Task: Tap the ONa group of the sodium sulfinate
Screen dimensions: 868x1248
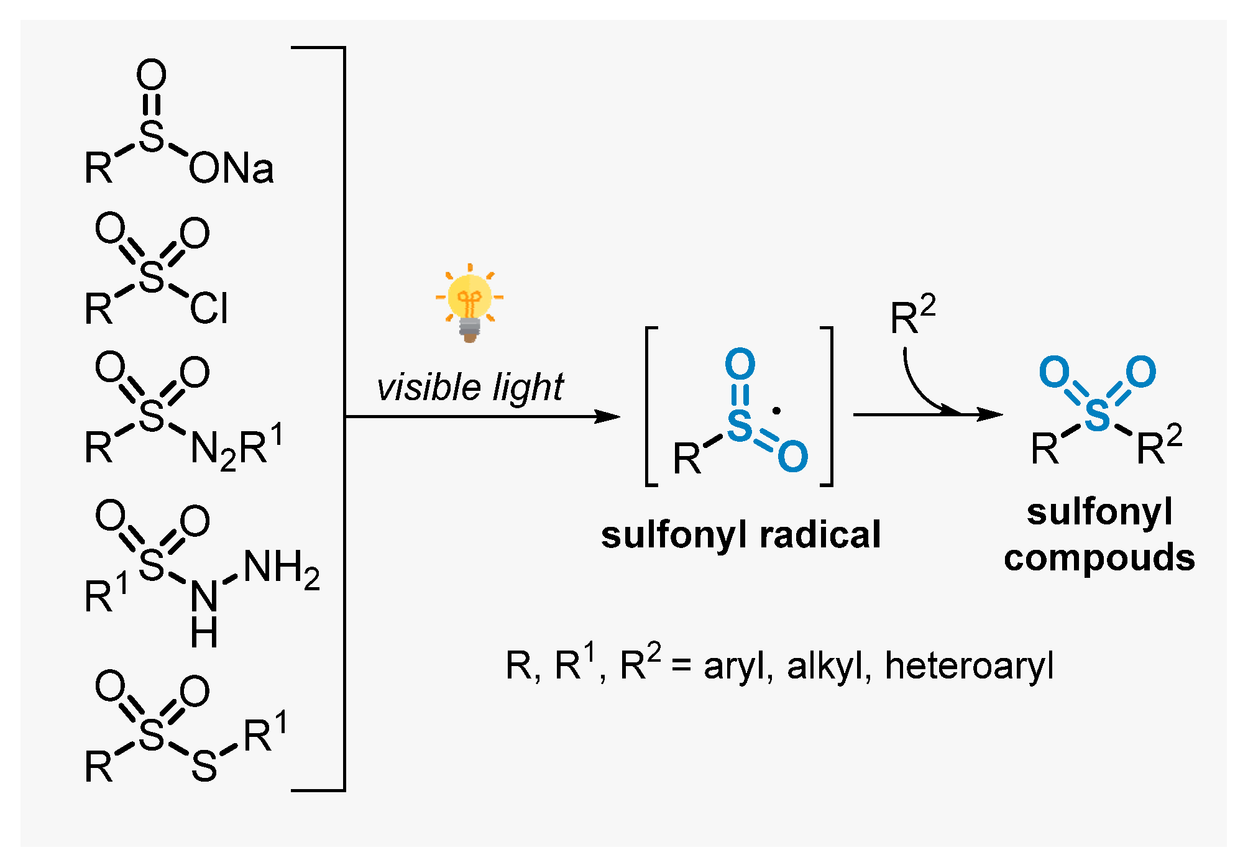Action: tap(231, 168)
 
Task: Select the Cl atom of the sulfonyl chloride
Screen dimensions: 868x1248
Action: tap(209, 309)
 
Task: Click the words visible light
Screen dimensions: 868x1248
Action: tap(469, 388)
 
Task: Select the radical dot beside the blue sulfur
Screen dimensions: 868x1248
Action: tap(776, 411)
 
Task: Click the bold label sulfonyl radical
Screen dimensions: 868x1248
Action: tap(741, 535)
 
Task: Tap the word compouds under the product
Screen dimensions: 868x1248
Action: tap(1099, 557)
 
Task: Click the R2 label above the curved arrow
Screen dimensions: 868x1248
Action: tap(912, 316)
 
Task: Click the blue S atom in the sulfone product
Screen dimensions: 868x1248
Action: tap(1097, 415)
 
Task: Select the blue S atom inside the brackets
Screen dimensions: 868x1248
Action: tap(740, 425)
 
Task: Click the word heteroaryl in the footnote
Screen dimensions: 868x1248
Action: tap(969, 666)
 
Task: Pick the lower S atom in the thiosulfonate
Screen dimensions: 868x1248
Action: tap(204, 767)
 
